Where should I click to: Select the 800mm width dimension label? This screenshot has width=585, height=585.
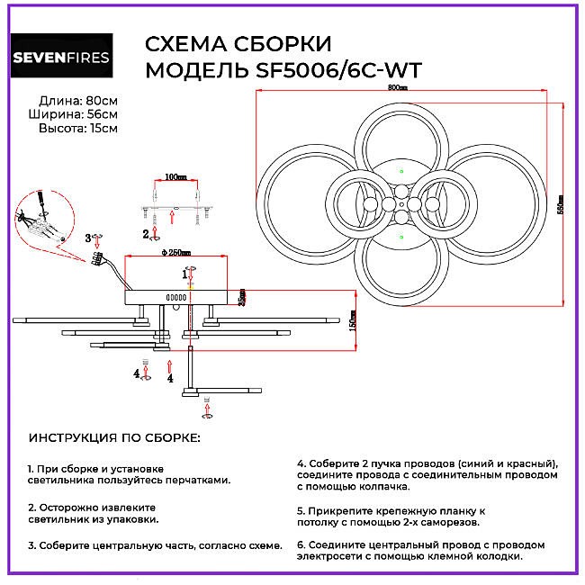397,88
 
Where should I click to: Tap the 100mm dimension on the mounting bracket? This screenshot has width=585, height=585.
176,176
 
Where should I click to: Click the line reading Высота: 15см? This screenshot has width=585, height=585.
78,129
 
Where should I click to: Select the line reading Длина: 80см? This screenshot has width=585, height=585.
78,100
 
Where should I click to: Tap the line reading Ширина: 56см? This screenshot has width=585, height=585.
78,114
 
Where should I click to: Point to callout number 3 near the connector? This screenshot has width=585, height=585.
88,238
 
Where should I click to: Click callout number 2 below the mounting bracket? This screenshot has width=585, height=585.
145,234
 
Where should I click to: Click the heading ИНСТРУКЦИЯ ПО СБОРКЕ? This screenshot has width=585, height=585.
114,438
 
